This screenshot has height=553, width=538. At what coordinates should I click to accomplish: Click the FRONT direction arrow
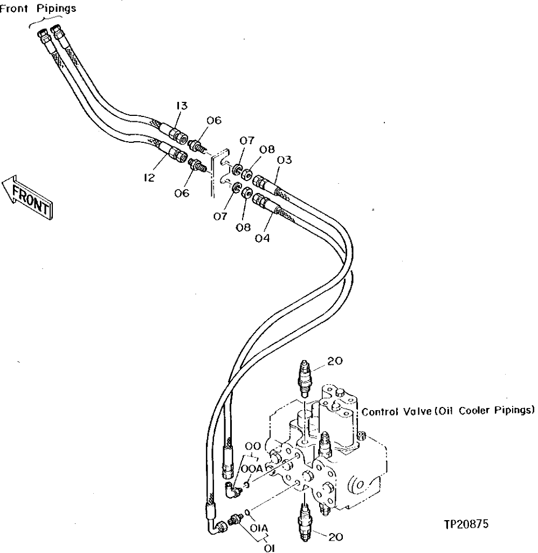coord(27,196)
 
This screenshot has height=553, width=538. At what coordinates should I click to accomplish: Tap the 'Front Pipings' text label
coord(37,9)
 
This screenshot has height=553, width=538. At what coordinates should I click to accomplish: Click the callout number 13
coord(182,106)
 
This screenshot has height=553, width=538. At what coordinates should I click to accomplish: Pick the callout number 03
coord(285,160)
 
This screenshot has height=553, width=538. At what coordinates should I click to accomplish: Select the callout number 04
coord(263,237)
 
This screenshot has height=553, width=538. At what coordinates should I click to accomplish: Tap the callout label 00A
coord(252,469)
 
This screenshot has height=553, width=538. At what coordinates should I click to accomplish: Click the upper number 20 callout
coord(334,361)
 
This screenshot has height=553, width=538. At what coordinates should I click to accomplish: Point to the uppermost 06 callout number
coord(214,121)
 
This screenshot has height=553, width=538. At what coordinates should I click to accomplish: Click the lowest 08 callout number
coord(243,227)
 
